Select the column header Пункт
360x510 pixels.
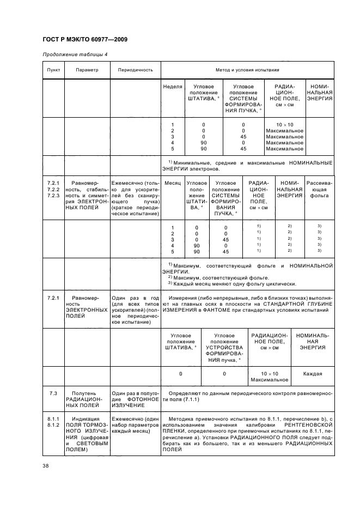[53, 70]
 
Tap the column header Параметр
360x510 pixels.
[87, 70]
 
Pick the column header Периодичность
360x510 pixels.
[135, 70]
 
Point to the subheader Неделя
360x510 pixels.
[173, 87]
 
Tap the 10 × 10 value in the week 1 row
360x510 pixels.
[284, 125]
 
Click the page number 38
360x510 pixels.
[46, 465]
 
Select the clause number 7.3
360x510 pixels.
[53, 392]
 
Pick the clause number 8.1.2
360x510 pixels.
[53, 423]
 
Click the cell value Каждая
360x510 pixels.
[313, 374]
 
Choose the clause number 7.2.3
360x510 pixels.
[53, 195]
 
